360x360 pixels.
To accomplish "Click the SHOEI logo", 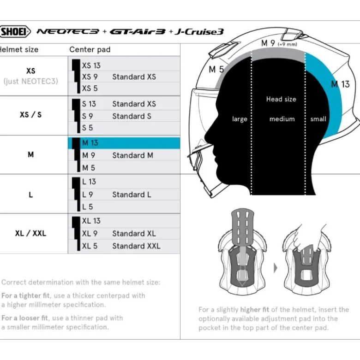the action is [x=15, y=31].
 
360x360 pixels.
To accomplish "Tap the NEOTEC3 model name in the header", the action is [x=68, y=31].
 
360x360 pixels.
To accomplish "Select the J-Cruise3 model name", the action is [x=199, y=31].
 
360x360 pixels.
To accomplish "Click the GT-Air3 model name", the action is [x=137, y=31].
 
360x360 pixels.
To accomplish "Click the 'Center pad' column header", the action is [x=90, y=50].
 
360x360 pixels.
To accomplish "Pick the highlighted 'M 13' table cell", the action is [x=124, y=143].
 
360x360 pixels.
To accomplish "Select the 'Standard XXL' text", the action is [x=136, y=246].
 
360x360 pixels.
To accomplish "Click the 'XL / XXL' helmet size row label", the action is [x=30, y=233].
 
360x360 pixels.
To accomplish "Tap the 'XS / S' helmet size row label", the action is [x=30, y=115].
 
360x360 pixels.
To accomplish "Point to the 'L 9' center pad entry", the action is [x=87, y=195].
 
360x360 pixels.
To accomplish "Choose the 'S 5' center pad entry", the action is [x=87, y=128].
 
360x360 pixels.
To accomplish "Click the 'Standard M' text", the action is [x=132, y=155].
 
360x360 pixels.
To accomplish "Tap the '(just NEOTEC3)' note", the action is [x=30, y=81].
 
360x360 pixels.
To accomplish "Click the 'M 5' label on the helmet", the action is [x=216, y=69].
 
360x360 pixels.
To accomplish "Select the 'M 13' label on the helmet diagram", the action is [x=340, y=84].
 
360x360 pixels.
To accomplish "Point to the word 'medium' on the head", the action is [x=282, y=119].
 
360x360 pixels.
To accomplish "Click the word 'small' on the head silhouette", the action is [x=318, y=119].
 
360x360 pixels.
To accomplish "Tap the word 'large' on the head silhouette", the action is [x=240, y=119].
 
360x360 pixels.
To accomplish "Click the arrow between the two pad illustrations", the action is [x=276, y=268].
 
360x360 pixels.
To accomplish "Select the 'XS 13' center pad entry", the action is [x=91, y=65].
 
